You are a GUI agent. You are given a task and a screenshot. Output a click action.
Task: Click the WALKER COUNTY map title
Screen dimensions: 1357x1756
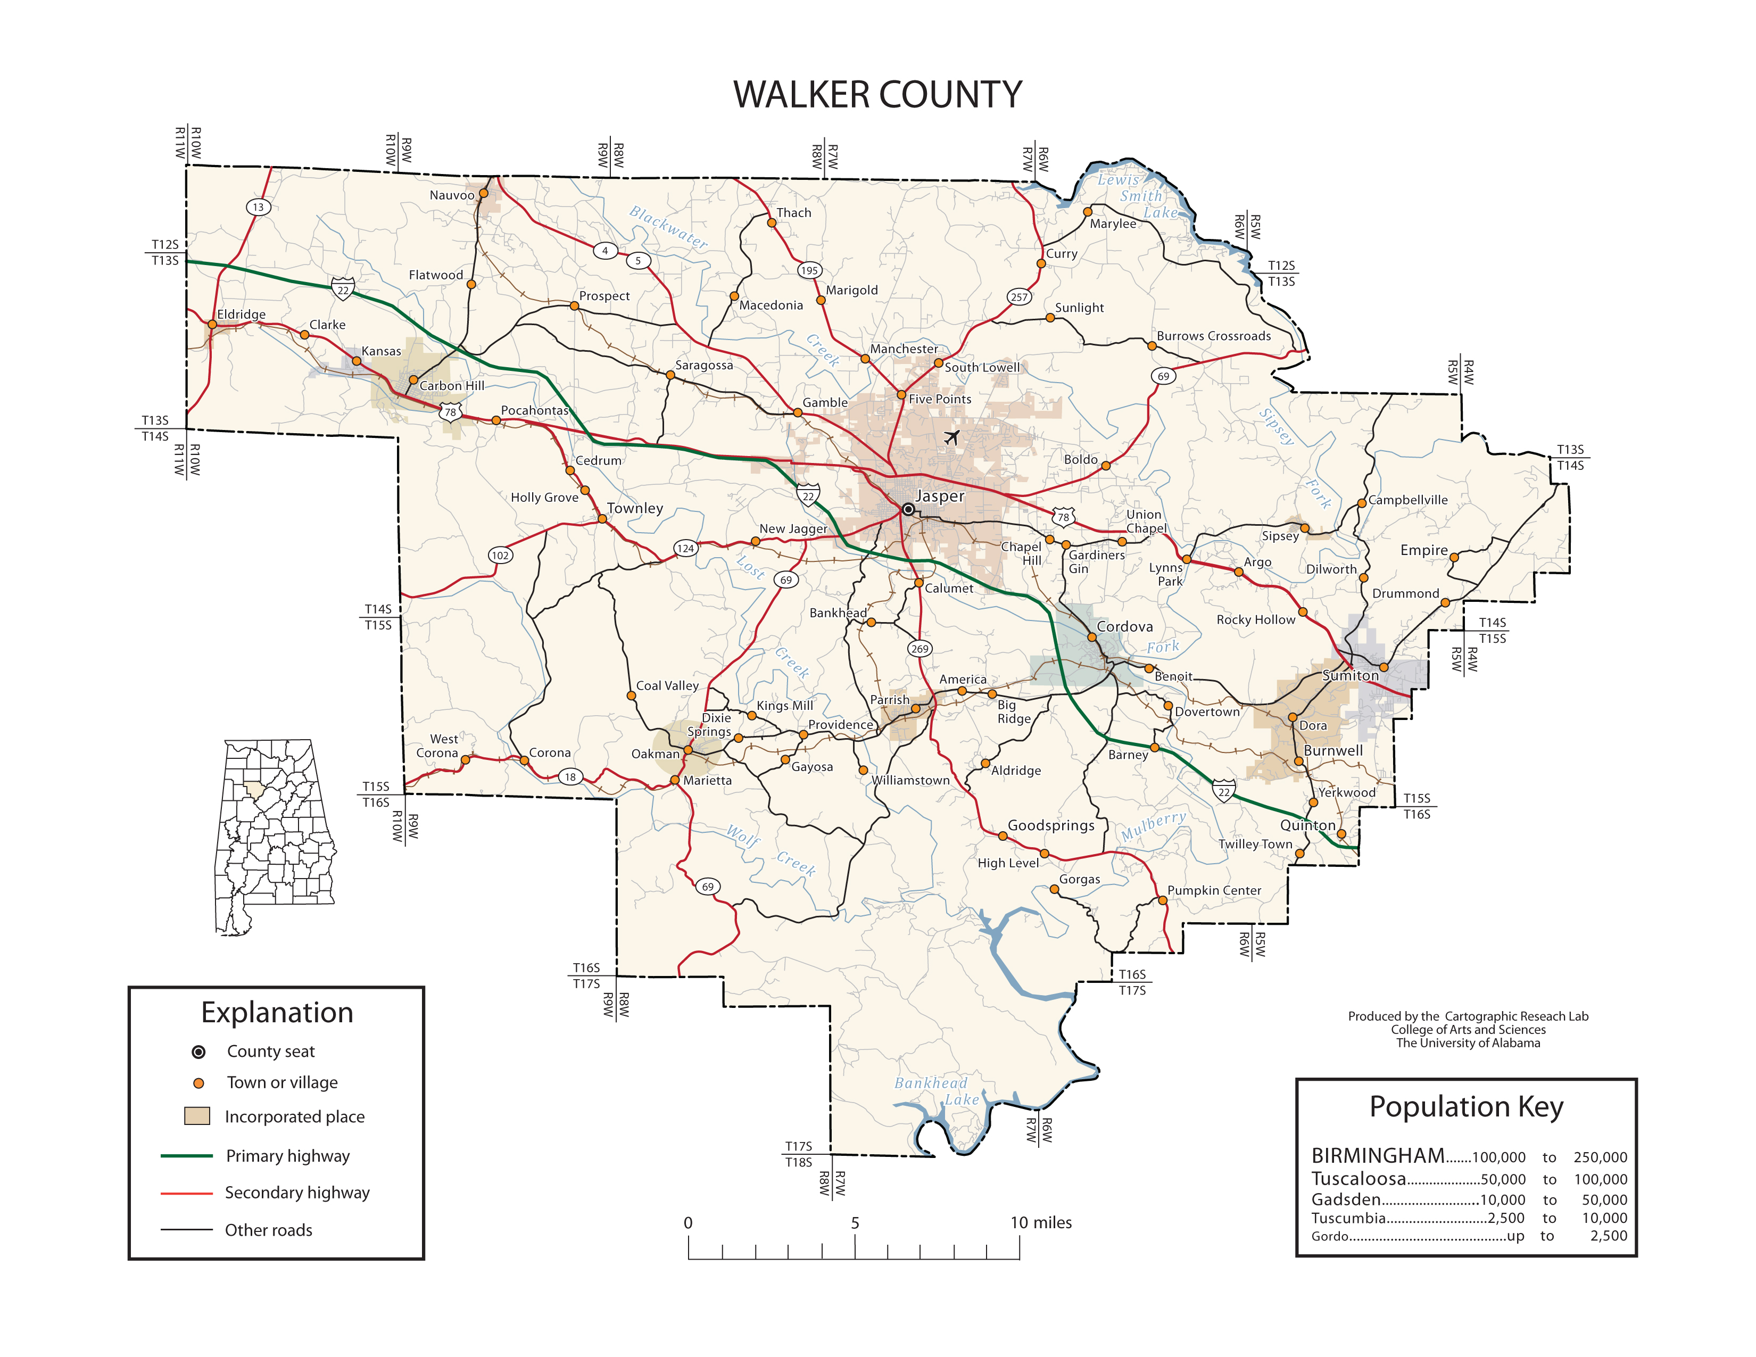[x=877, y=95]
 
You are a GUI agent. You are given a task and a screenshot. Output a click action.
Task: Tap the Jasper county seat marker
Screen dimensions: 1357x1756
[x=908, y=509]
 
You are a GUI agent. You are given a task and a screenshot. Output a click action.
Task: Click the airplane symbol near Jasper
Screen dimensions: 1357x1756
[x=952, y=437]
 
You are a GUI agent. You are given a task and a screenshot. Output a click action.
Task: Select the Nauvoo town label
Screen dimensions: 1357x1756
[x=452, y=195]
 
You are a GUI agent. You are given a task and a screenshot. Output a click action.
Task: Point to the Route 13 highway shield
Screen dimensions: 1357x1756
[x=258, y=208]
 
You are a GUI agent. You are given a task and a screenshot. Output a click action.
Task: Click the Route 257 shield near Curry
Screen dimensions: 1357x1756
[x=1018, y=296]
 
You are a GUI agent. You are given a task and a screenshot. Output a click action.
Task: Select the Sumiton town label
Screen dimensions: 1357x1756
[x=1350, y=675]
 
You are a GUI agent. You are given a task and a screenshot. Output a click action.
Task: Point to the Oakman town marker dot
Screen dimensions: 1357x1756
[x=688, y=750]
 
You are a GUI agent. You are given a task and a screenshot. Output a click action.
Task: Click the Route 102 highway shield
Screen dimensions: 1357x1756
[x=500, y=556]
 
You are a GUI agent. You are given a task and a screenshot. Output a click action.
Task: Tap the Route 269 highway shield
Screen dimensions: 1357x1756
[x=920, y=649]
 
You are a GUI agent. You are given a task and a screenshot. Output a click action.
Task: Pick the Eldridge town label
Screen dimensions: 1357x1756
[x=241, y=315]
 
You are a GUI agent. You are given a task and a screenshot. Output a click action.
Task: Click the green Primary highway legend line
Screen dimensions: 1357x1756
[x=187, y=1155]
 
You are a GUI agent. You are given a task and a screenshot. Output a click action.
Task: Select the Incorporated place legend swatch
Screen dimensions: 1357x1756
[x=197, y=1116]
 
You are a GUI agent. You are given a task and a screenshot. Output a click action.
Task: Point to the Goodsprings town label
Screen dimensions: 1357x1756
[x=1051, y=825]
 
